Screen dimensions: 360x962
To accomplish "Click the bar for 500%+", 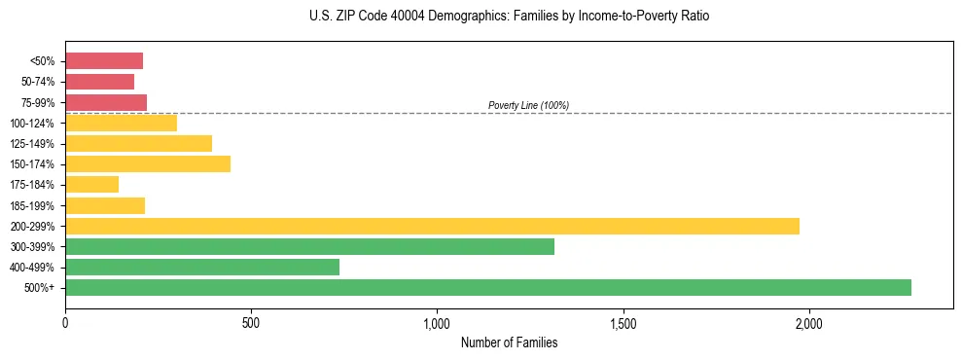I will pos(488,287).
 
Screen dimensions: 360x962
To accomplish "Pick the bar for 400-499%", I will pos(202,267).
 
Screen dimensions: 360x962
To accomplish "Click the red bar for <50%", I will pos(104,61).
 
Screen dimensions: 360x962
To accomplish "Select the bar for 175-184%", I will pos(91,184).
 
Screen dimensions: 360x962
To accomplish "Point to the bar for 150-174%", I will pos(148,163).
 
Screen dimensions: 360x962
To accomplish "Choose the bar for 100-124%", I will pos(121,123).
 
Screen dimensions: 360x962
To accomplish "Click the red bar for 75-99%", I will pos(106,102).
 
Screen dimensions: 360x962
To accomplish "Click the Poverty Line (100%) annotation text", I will pos(528,105).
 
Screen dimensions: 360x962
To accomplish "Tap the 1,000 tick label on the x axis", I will pos(437,323).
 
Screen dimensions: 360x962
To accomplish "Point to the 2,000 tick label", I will pos(809,323).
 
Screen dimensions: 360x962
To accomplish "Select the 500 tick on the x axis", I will pos(251,323).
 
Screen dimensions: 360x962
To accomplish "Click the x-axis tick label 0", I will pos(65,323).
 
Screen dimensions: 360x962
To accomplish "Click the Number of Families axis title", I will pos(509,342).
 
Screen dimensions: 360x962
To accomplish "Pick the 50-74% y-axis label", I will pos(38,82).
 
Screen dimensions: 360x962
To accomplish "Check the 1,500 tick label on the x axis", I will pos(623,323).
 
